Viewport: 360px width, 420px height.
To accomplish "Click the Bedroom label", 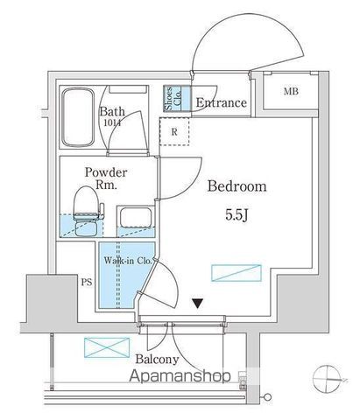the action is [236, 186].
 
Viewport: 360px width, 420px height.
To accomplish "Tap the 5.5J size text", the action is [236, 215].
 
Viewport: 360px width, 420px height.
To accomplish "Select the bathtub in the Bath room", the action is [78, 117].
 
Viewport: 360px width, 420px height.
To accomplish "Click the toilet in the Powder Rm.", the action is [87, 211].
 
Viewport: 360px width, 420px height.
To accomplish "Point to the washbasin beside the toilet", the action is [136, 217].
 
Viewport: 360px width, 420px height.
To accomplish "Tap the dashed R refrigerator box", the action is [174, 131].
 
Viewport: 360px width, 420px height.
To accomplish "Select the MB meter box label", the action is [291, 91].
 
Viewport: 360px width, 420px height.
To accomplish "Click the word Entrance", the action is [221, 102].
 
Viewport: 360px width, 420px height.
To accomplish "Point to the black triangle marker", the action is [198, 304].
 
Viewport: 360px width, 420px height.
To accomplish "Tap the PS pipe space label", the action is [87, 282].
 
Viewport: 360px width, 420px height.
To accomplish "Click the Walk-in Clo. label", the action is [128, 261].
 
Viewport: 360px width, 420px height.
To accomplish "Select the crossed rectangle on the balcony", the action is [107, 347].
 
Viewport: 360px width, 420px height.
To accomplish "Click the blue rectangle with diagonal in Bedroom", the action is [236, 273].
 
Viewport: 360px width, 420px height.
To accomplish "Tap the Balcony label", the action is [157, 360].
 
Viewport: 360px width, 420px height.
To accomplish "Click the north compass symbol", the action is [327, 380].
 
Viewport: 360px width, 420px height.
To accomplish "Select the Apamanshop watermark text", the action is [180, 375].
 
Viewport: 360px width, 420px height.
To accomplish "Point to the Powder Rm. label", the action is [106, 178].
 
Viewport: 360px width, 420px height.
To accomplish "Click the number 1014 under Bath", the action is [112, 122].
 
